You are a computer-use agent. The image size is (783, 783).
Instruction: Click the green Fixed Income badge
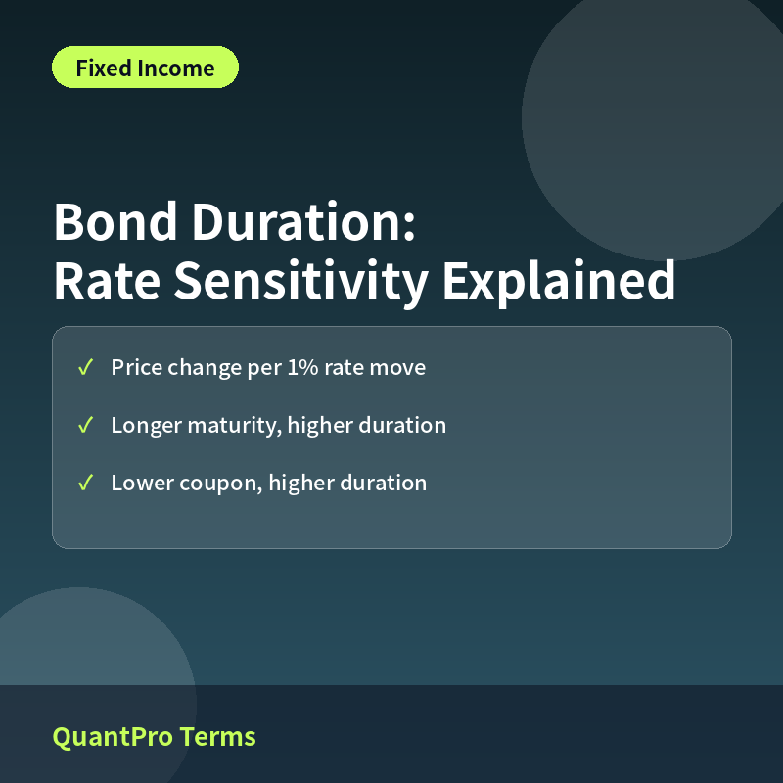point(145,68)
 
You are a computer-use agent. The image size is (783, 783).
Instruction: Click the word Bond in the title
point(115,222)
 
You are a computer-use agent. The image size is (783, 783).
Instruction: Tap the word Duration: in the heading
point(303,222)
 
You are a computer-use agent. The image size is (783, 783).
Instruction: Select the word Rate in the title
point(107,280)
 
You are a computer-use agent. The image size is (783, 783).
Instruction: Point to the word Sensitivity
point(301,282)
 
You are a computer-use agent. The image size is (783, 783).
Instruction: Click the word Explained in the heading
point(559,282)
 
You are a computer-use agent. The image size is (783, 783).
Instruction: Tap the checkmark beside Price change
point(85,368)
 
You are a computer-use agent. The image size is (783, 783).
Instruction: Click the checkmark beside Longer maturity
point(85,426)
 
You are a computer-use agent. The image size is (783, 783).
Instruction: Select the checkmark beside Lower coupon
point(85,483)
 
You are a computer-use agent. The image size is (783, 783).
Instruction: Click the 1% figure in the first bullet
point(303,368)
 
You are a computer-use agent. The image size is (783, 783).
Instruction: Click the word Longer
point(146,426)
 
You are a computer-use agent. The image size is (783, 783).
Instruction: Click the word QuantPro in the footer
point(113,738)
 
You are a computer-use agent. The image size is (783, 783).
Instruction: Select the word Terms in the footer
point(217,737)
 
